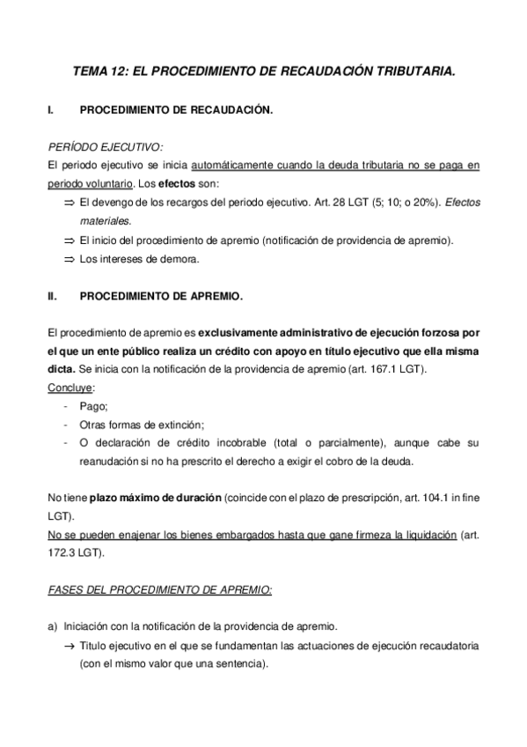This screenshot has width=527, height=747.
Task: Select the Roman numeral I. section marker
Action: pos(51,111)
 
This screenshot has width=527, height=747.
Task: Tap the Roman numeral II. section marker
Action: pos(52,298)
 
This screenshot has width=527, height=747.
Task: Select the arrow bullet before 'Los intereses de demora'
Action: pos(70,260)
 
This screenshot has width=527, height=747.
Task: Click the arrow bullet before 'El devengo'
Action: pos(70,203)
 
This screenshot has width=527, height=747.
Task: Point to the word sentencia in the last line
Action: pos(239,663)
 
